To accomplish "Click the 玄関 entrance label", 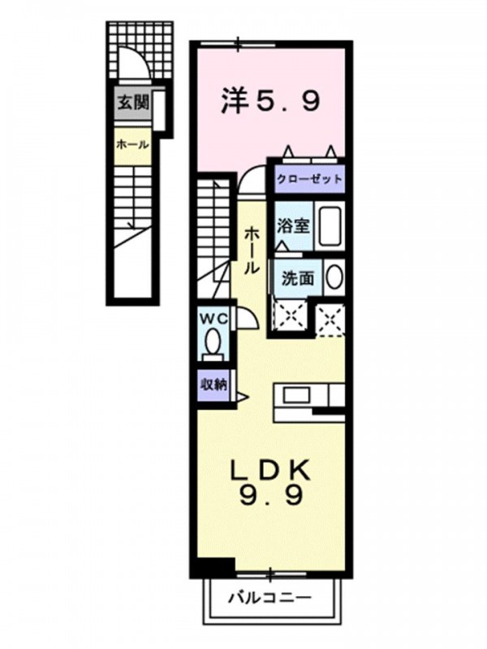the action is click(x=133, y=102).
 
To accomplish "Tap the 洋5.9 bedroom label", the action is click(x=270, y=101).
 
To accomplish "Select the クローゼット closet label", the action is click(x=310, y=179).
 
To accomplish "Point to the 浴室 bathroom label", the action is click(x=294, y=226).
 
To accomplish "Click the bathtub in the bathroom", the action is click(x=330, y=226).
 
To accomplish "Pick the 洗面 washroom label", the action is click(x=297, y=278).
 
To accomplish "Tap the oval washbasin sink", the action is click(x=334, y=277).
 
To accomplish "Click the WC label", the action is click(x=214, y=319).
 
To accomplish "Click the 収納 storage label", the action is click(x=213, y=385).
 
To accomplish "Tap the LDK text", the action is click(x=270, y=471).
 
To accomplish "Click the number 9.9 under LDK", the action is click(x=270, y=496).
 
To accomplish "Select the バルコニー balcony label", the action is click(x=270, y=597).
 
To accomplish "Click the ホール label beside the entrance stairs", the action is click(x=132, y=145).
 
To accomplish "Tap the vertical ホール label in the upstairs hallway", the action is click(x=252, y=251).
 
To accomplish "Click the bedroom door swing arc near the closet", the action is click(x=248, y=174).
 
